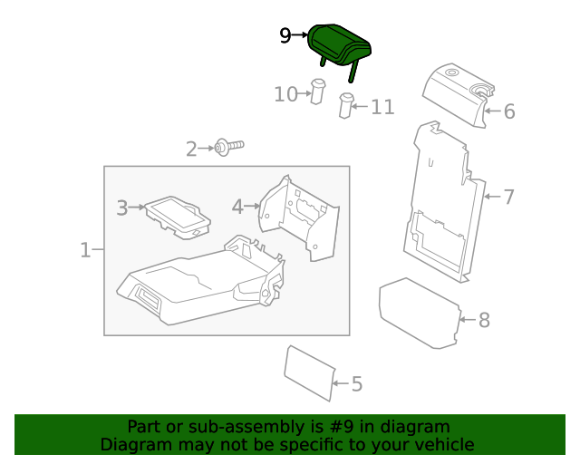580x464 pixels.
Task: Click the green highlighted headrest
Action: click(x=341, y=44)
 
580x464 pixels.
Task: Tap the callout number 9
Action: click(x=285, y=35)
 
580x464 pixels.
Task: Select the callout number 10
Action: click(x=285, y=93)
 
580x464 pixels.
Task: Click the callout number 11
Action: click(x=382, y=107)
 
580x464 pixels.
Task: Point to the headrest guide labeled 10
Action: click(x=318, y=91)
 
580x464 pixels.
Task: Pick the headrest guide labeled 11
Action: click(x=346, y=105)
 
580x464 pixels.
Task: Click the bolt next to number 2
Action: click(x=229, y=146)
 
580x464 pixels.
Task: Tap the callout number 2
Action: click(x=191, y=149)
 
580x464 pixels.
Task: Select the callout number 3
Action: click(x=122, y=208)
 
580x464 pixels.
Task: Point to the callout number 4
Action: click(x=237, y=208)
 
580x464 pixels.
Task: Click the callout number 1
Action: click(x=85, y=249)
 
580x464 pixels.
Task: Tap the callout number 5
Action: click(x=356, y=384)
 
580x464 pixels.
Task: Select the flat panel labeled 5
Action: click(x=309, y=371)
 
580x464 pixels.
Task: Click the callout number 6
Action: click(x=508, y=111)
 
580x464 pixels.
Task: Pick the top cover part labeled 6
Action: click(x=459, y=92)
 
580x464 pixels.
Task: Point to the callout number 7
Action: click(x=508, y=196)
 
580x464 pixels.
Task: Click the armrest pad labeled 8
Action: click(x=419, y=311)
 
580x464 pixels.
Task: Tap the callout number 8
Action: click(x=484, y=320)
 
